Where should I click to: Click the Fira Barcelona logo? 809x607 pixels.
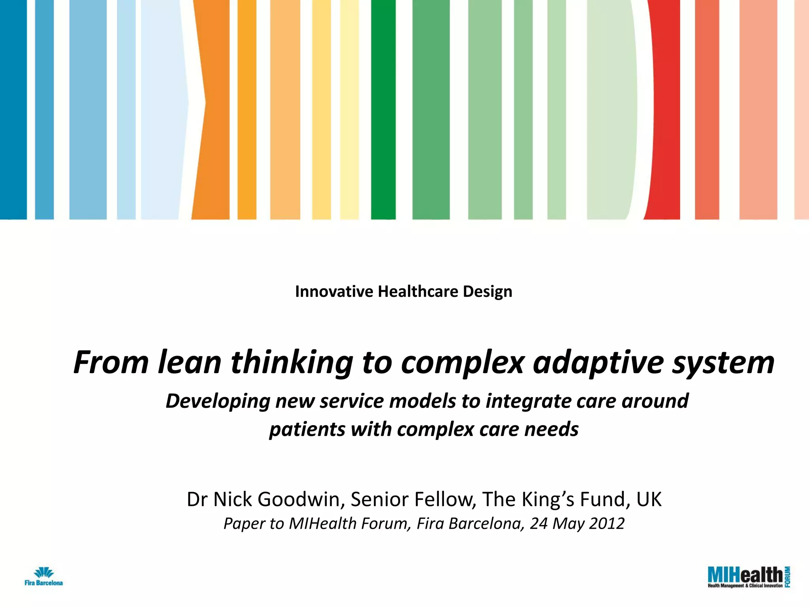click(43, 577)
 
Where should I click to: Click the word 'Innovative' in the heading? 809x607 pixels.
click(334, 292)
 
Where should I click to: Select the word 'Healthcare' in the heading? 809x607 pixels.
click(418, 292)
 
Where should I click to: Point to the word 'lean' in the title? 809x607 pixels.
click(190, 362)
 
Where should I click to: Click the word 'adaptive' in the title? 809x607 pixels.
click(598, 362)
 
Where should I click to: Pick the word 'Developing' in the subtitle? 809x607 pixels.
click(218, 402)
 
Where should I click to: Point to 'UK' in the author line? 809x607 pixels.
click(649, 500)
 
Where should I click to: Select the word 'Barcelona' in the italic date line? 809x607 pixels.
click(487, 524)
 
